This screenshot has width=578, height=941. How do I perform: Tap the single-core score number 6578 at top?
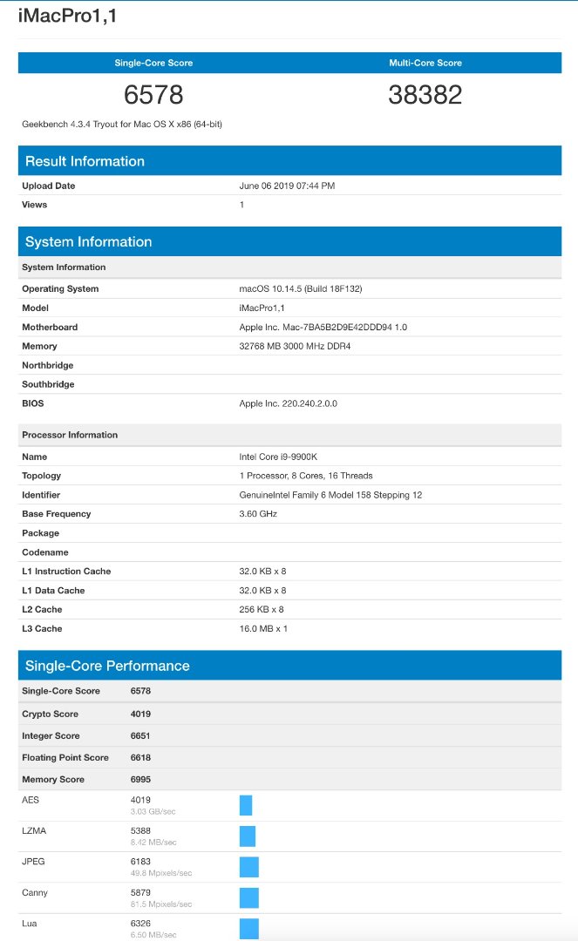point(153,95)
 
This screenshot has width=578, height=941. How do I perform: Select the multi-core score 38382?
point(425,95)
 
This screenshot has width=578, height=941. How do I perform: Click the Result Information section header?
point(85,161)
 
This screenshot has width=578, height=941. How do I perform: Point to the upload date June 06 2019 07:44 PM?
point(287,186)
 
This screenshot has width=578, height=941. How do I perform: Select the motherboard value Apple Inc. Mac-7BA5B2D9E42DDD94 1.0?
point(323,327)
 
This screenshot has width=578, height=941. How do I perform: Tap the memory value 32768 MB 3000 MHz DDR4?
point(295,346)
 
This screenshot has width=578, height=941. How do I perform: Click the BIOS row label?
point(33,403)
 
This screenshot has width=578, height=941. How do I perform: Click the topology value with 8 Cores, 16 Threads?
point(305,476)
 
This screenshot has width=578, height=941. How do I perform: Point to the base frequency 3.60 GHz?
point(259,514)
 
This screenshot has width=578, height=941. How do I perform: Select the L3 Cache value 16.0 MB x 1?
point(263,628)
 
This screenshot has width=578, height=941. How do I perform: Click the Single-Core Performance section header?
point(107,666)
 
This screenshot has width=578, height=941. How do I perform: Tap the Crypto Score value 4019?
point(141,714)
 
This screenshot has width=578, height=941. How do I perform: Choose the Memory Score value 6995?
point(141,779)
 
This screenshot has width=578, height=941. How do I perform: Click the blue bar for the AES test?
point(246,805)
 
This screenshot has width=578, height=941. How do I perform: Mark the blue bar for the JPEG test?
point(249,867)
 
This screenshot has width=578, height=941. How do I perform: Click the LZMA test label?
point(34,830)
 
